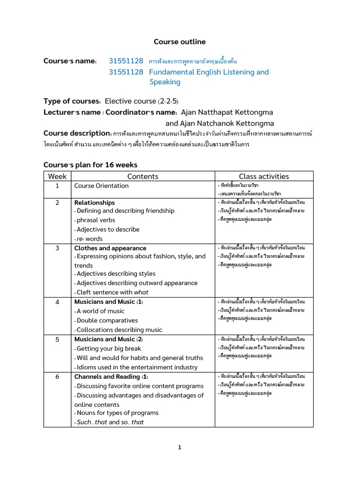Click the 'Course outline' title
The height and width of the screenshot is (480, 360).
pos(180,42)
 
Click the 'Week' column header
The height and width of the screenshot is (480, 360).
pos(57,176)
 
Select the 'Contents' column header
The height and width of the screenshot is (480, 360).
pos(142,176)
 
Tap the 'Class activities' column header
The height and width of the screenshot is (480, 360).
pos(263,176)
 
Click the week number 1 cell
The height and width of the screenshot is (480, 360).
pos(57,186)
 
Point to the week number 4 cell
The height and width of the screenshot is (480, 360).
pos(57,302)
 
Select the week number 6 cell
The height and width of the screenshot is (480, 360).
pos(57,377)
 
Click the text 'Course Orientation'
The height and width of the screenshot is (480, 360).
pos(101,186)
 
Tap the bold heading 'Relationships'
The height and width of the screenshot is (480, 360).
pos(94,202)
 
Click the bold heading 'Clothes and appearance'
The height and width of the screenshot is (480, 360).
pos(110,248)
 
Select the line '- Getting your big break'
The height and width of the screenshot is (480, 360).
pos(107,348)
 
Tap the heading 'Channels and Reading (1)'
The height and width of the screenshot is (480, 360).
pos(111,377)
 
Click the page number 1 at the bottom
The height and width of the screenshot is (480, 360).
pos(180,448)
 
